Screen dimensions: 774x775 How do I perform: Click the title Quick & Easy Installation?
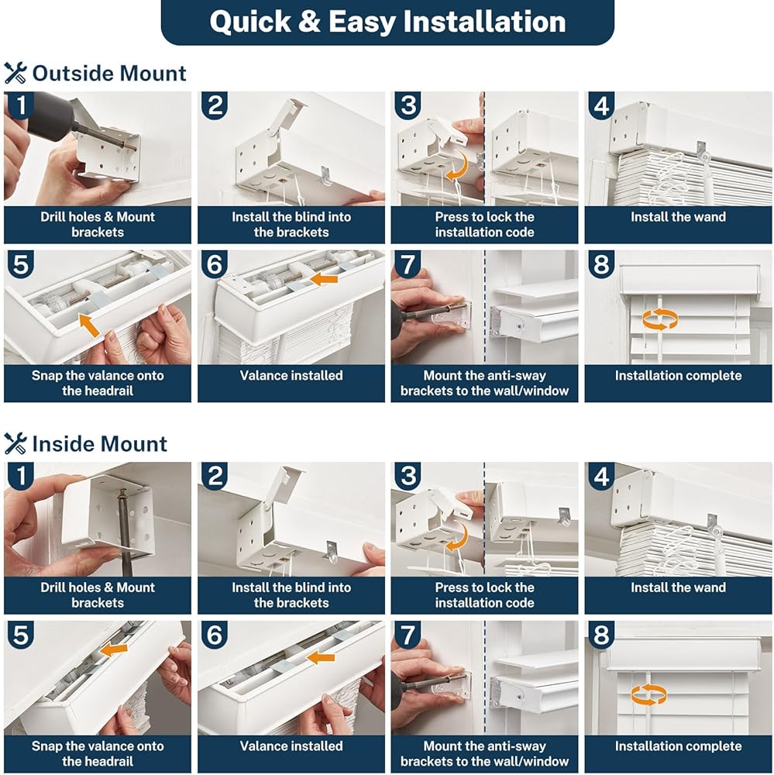(x=387, y=22)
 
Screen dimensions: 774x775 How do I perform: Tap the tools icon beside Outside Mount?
(x=15, y=73)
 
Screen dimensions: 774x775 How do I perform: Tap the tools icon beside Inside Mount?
(x=15, y=443)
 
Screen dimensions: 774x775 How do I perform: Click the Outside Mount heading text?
(x=109, y=74)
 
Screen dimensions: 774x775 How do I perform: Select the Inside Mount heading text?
(x=100, y=444)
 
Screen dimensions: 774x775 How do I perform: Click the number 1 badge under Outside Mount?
(x=21, y=105)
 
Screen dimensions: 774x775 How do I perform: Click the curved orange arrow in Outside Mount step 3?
(x=459, y=166)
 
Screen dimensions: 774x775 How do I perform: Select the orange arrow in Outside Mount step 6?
(x=324, y=279)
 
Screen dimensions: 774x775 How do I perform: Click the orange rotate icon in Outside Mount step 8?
(x=660, y=319)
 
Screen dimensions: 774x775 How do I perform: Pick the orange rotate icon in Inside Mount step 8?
(x=648, y=694)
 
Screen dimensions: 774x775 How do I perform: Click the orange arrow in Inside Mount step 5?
(x=114, y=650)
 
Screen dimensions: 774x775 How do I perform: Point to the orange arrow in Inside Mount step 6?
(x=320, y=657)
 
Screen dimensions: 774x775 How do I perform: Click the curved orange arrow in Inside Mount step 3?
(x=458, y=537)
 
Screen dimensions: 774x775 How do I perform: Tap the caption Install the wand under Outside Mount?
(x=678, y=217)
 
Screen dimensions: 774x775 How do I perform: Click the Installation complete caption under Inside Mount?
(x=678, y=746)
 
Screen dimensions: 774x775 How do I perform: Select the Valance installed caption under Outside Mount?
(x=291, y=376)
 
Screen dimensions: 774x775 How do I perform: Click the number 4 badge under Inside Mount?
(x=601, y=477)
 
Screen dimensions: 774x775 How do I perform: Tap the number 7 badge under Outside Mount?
(x=408, y=264)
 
